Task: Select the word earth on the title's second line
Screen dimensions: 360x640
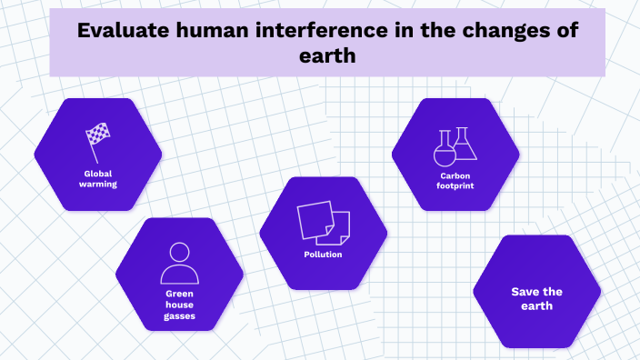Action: (x=327, y=55)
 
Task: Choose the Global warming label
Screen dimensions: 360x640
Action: (x=99, y=177)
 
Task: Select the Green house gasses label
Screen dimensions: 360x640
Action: (x=179, y=305)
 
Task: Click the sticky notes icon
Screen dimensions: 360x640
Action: (x=323, y=222)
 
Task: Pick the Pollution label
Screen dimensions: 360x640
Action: (x=323, y=255)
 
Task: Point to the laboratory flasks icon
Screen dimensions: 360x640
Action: (x=455, y=145)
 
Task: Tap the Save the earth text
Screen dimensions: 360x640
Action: (x=536, y=298)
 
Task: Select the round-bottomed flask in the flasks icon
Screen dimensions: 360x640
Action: (x=445, y=149)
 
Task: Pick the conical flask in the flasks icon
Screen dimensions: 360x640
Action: (x=465, y=143)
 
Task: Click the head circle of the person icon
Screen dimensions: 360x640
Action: (x=179, y=252)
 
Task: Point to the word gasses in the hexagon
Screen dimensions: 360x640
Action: (x=179, y=316)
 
